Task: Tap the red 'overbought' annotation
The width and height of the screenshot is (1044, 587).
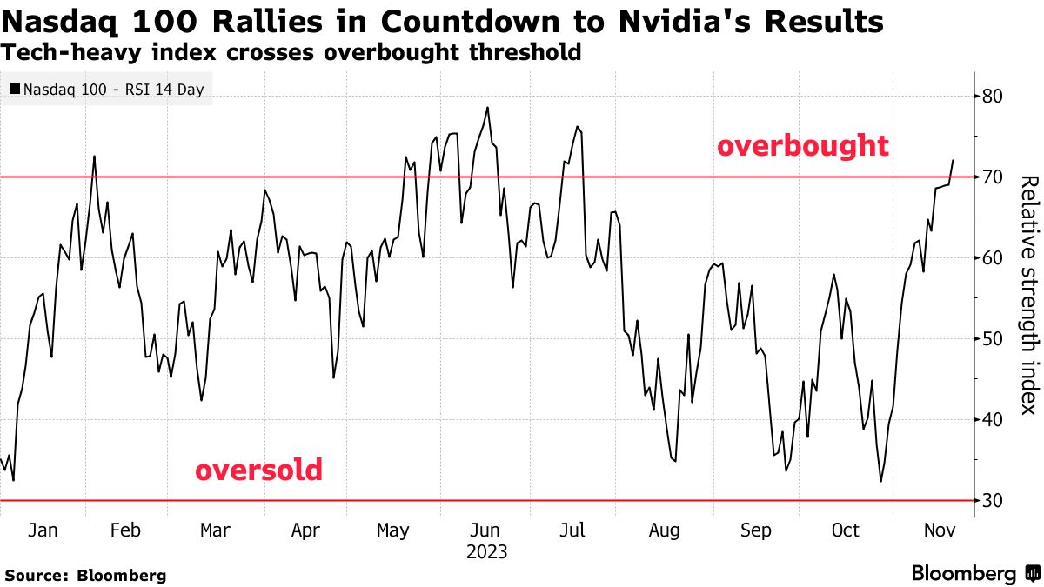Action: (802, 146)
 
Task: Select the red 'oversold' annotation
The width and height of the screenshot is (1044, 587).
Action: (258, 470)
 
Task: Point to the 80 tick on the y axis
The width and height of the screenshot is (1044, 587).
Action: (993, 96)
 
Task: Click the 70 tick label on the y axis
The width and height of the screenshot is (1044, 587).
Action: (993, 177)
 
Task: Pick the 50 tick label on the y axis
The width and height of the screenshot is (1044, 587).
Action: (993, 339)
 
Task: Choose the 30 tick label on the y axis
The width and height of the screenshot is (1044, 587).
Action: (993, 501)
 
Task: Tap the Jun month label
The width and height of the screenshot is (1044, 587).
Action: (485, 530)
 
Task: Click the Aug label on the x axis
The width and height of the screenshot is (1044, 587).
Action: (665, 530)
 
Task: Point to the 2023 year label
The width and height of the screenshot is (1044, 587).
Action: (486, 552)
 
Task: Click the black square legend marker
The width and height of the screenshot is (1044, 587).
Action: (15, 90)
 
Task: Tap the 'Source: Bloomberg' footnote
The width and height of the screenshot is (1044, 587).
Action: (84, 575)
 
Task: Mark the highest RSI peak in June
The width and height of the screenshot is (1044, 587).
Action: (487, 108)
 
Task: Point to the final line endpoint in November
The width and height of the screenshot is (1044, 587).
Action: (954, 160)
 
